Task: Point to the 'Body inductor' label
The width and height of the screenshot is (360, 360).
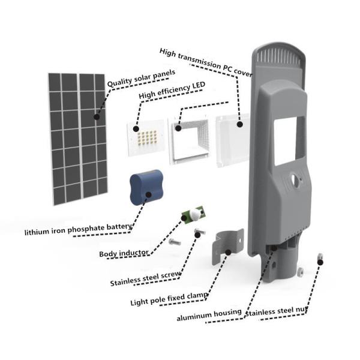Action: coord(124,253)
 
